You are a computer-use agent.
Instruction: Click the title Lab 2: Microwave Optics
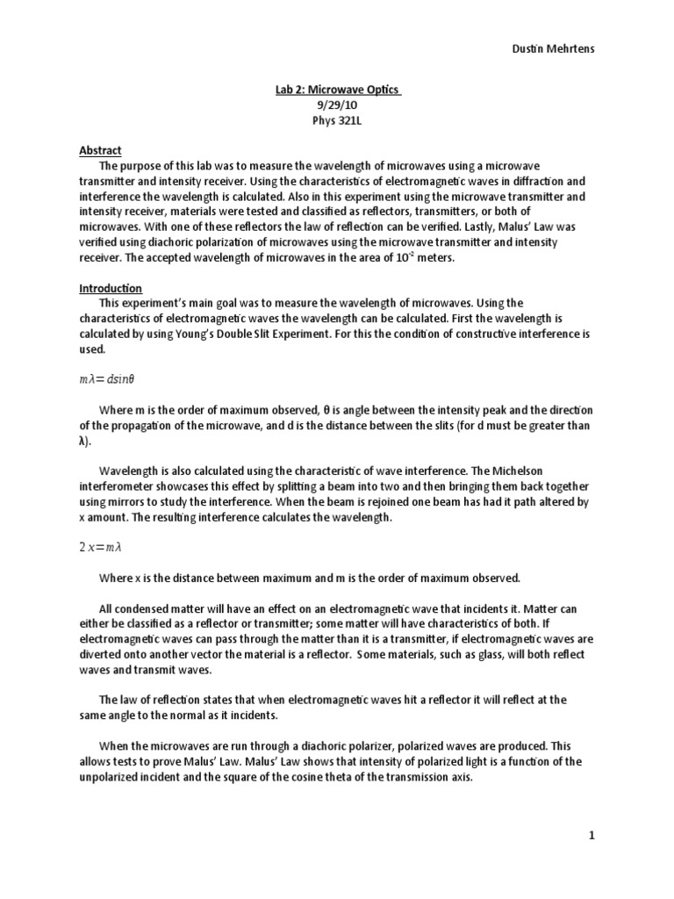(336, 90)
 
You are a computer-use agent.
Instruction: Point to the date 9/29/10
(336, 105)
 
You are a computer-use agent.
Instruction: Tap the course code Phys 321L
(336, 120)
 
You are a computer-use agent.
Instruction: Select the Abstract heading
(101, 150)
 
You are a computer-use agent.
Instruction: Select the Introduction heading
(111, 288)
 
